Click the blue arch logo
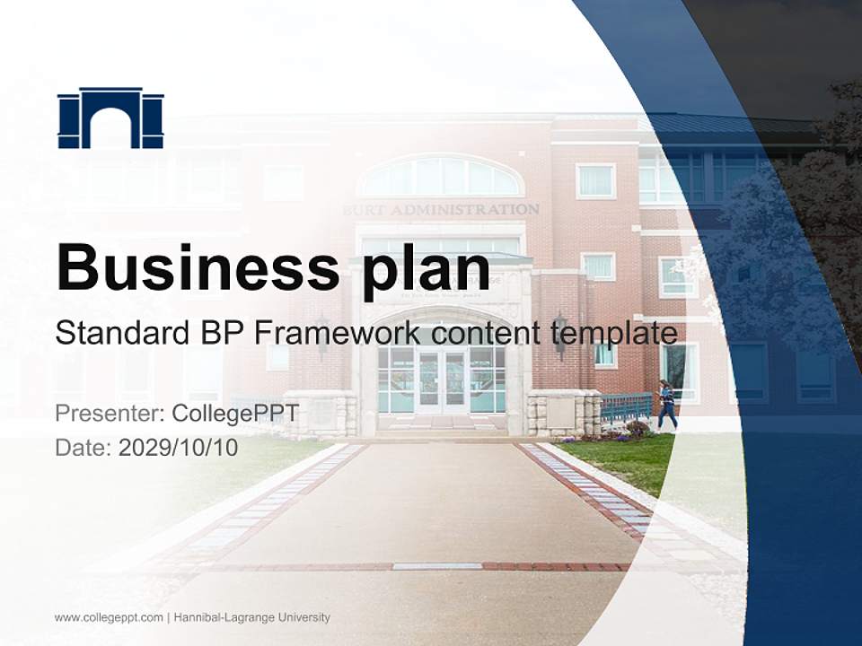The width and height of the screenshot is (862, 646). pos(110,118)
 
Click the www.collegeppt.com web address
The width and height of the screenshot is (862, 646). pos(109,617)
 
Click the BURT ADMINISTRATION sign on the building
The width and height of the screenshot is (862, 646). pos(441,209)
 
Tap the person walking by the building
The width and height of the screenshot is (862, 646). pos(666,405)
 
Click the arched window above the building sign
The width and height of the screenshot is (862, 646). pos(441,177)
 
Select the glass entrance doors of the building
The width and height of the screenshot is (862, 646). pos(441,381)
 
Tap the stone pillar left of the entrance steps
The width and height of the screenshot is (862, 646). pos(319,414)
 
